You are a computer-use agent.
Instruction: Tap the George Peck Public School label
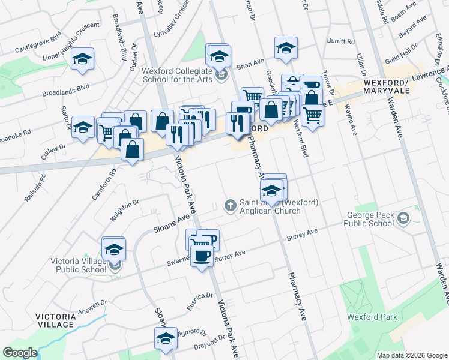369,220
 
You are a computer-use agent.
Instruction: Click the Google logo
20,353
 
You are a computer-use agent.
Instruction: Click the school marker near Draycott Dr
166,338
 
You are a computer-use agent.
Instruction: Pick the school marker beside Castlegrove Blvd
82,59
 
